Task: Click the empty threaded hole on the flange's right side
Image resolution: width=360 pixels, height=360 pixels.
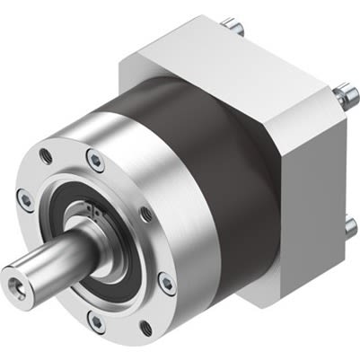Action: pyautogui.click(x=146, y=214)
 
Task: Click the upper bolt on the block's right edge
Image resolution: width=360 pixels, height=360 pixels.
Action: pyautogui.click(x=346, y=92)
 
